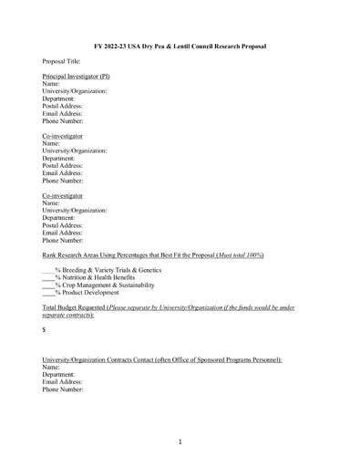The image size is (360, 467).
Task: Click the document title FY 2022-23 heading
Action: (180, 45)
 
